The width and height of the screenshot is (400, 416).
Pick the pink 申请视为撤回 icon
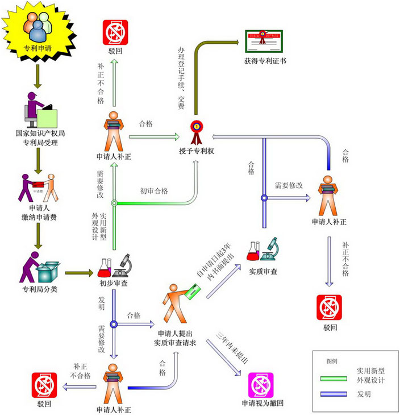261,386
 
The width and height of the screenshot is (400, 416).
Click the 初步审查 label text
113,282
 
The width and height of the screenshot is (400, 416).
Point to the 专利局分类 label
40,289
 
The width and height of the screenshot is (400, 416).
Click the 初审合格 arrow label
154,191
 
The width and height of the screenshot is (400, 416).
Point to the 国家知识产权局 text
40,133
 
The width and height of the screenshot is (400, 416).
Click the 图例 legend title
331,361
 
